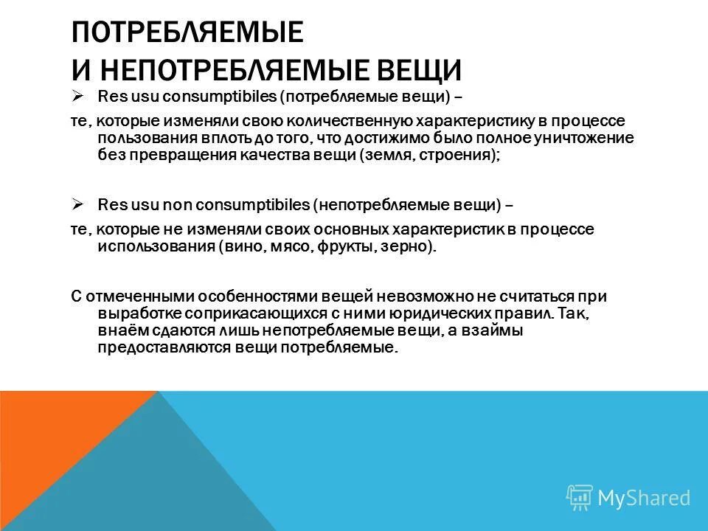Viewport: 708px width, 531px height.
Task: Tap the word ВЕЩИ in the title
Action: point(420,71)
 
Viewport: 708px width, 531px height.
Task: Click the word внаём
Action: point(120,331)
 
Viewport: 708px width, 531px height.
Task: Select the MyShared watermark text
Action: point(644,498)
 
